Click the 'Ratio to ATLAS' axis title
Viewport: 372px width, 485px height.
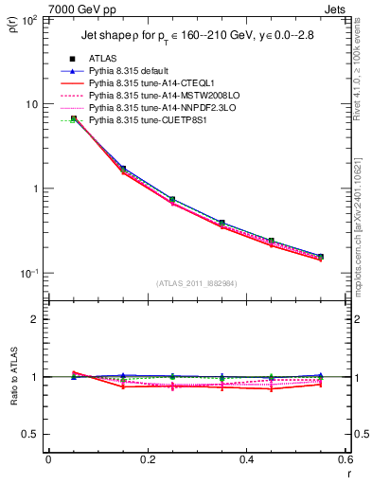coord(13,376)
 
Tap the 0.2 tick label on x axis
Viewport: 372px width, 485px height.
coord(147,460)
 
